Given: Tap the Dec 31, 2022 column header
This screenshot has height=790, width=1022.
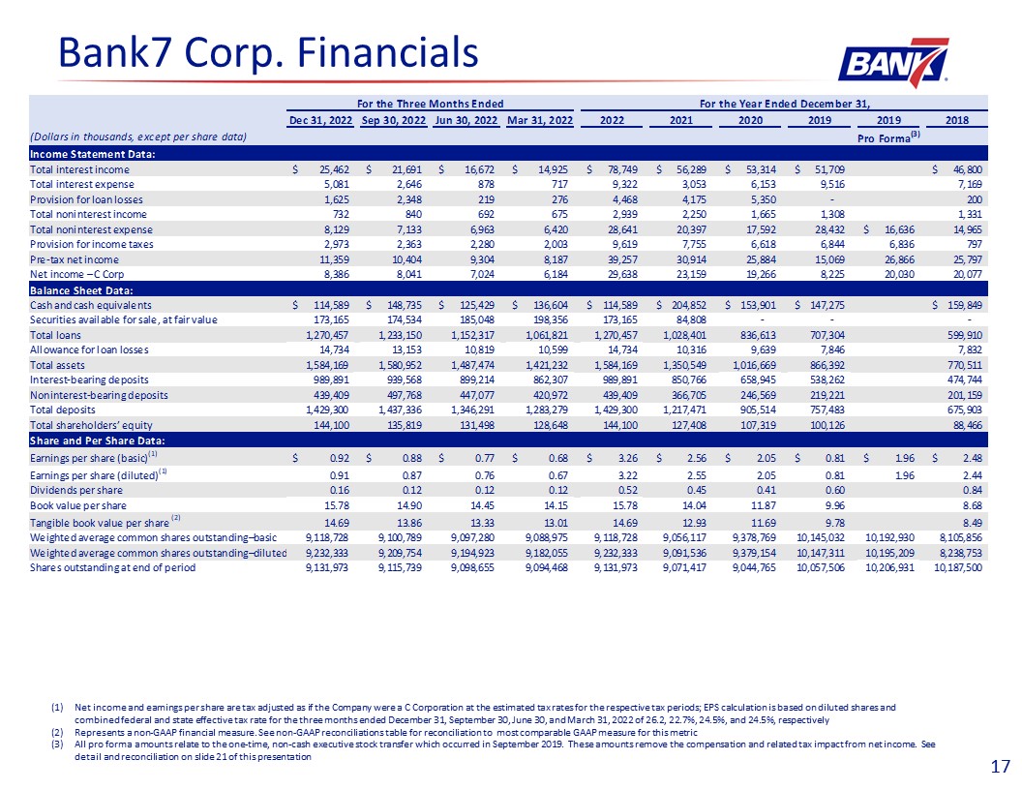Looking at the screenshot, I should click(x=321, y=120).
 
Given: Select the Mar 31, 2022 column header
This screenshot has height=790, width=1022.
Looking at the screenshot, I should click(x=539, y=120).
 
